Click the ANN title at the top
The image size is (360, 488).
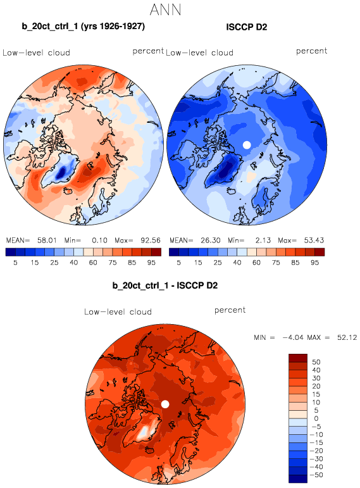coord(165,9)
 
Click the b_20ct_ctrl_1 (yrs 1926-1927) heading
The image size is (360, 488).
coord(84,27)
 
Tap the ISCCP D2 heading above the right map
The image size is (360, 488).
coord(246,27)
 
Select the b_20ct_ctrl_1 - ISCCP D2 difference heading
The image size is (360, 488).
coord(165,285)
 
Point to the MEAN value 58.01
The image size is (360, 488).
coord(47,241)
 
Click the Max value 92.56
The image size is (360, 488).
coord(151,241)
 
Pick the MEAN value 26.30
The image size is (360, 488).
coord(210,241)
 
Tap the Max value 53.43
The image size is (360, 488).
coord(314,241)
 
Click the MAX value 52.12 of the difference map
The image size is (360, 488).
coord(347,337)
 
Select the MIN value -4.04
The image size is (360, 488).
coord(293,337)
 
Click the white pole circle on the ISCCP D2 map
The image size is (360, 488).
coord(247,145)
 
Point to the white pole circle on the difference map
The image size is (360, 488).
coord(165,404)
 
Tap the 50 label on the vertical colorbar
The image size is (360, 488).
coord(316,362)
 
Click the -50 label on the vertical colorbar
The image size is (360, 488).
coord(316,475)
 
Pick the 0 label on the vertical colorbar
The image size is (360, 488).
coord(316,418)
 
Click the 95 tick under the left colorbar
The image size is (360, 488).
coord(151,263)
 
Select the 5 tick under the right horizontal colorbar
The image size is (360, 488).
coord(178,263)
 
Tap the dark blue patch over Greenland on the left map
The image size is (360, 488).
coord(62,172)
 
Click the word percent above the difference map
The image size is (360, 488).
coord(230,310)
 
